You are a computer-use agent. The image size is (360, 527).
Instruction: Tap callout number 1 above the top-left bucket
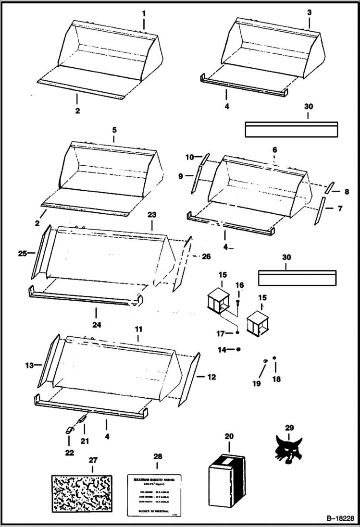point(143,13)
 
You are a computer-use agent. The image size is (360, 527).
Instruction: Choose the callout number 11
point(138,330)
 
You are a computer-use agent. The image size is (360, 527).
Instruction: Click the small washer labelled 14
point(238,349)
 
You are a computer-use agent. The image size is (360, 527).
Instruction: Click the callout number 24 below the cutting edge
point(97,325)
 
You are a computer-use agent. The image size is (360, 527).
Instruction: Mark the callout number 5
point(114,130)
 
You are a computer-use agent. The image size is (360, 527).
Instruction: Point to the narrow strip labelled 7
point(318,216)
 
